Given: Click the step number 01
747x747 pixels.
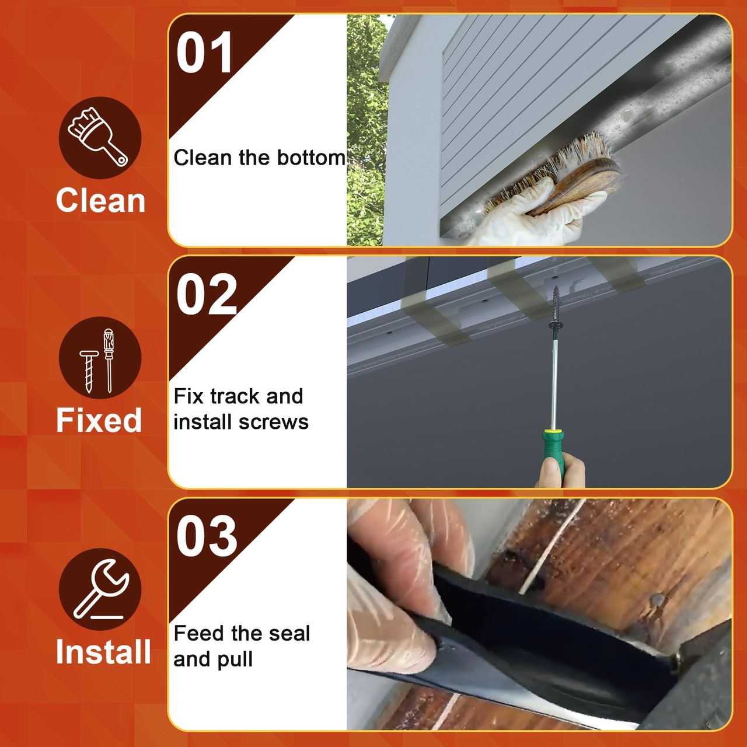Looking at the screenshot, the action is [204, 53].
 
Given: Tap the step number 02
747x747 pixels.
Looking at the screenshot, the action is [206, 294].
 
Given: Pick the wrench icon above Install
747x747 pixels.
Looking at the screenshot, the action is [100, 588].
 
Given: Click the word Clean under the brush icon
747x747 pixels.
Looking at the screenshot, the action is [100, 200].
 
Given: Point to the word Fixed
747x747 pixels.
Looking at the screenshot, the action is [99, 420].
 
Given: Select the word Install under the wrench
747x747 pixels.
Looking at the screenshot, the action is [103, 651].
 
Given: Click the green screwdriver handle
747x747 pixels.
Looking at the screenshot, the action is [554, 453].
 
